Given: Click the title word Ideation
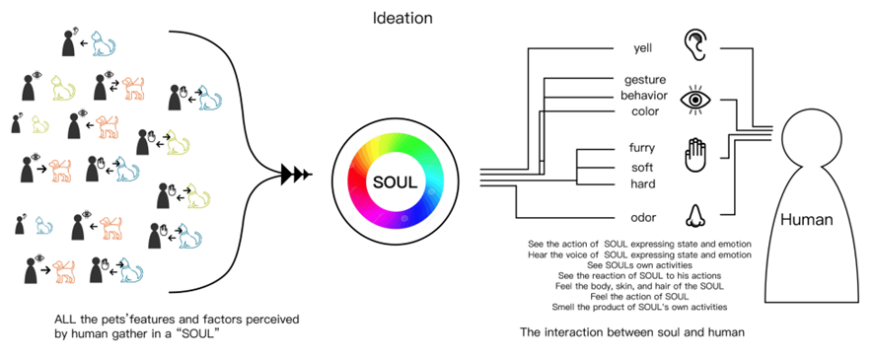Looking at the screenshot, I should tap(401, 18).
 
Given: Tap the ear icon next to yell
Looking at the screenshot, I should tap(696, 45).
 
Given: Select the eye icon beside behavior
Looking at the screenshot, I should tap(696, 99).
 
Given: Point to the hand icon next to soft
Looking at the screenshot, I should tap(696, 157).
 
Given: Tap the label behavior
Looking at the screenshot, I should tap(644, 96).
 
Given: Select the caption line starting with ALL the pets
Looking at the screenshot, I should tap(178, 321).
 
